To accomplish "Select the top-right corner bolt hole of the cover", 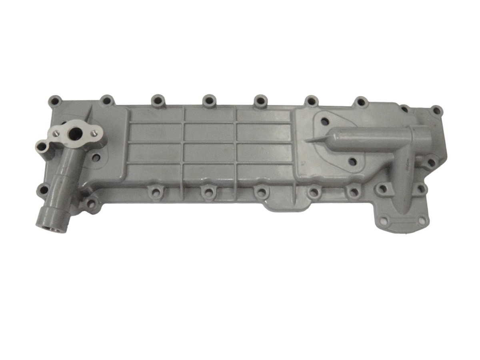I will pyautogui.click(x=437, y=110).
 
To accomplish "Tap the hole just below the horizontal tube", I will pyautogui.click(x=352, y=162).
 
